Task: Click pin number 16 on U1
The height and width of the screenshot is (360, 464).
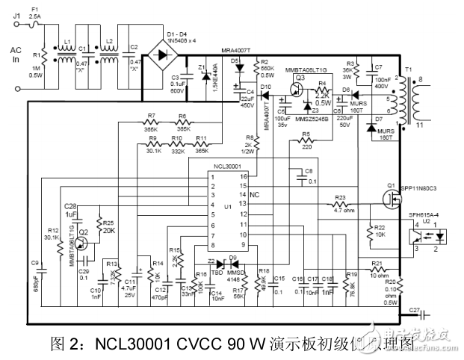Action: pos(243,176)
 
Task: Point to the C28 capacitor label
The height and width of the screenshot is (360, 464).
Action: pos(70,205)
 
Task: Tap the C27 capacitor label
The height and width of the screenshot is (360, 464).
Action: pos(415,307)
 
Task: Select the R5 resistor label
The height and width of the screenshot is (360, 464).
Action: pos(306,134)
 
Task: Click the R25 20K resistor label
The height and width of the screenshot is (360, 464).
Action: pos(108,226)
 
